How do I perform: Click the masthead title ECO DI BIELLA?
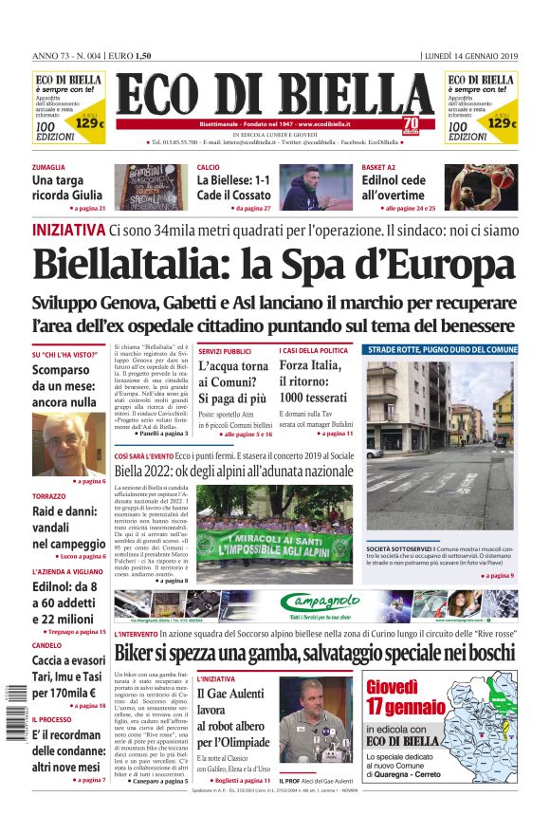[x=274, y=94]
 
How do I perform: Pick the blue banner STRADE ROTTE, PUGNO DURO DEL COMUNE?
[x=441, y=350]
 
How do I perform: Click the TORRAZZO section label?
[x=49, y=497]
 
